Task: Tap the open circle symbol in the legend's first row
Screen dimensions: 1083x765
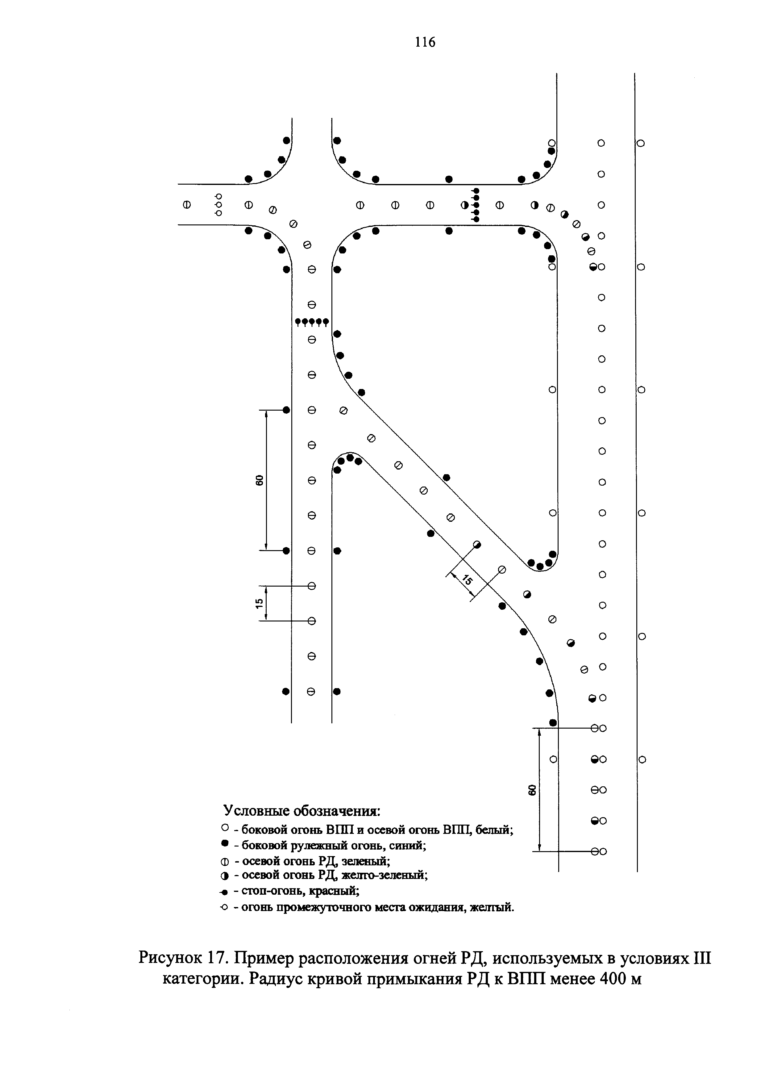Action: (225, 828)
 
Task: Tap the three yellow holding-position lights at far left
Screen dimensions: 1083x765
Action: (218, 205)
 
